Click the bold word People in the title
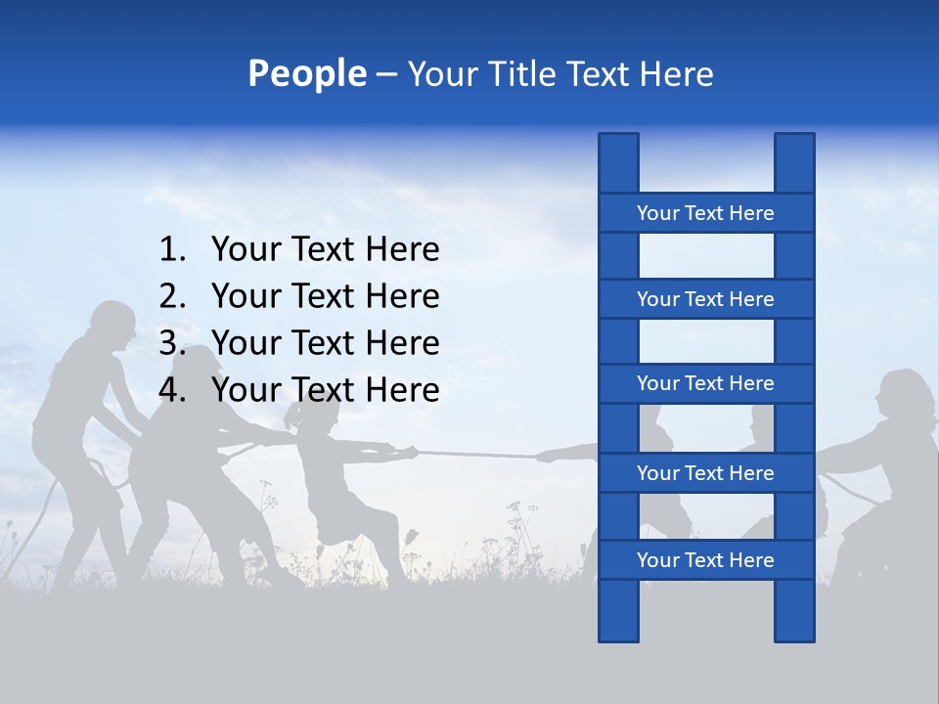coord(306,73)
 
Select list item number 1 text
coord(325,250)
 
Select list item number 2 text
coord(325,296)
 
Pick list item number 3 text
coord(325,343)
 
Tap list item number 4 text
coord(325,390)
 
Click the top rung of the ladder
coord(705,213)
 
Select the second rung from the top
coord(705,299)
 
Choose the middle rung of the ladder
coord(705,383)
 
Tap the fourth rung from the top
coord(705,473)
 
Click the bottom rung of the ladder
coord(705,560)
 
